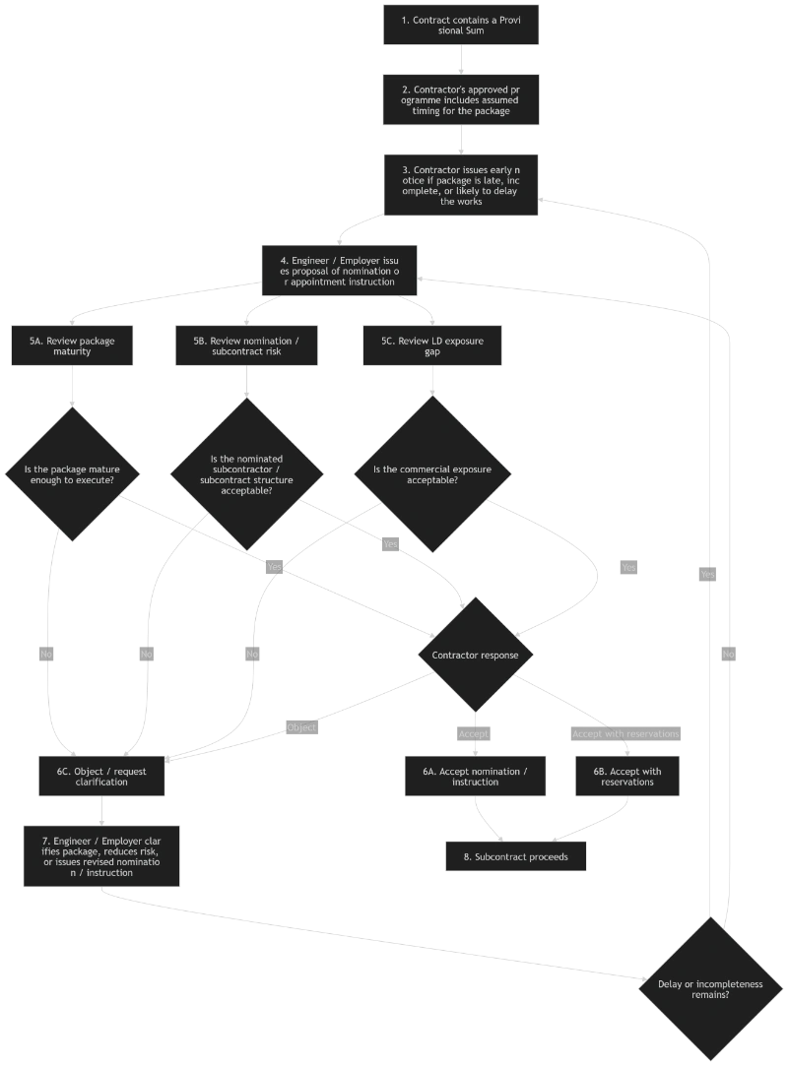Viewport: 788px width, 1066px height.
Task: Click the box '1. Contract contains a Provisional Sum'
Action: point(461,25)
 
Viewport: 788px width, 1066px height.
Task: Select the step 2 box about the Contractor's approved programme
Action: point(461,99)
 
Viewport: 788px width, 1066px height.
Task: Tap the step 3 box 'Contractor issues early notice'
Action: point(461,185)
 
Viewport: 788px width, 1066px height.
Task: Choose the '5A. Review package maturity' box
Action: point(71,345)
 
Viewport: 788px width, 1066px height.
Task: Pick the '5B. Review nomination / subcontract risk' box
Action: point(246,345)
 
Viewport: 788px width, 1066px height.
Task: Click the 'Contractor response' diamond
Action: point(476,655)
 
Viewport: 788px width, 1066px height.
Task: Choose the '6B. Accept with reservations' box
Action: point(627,777)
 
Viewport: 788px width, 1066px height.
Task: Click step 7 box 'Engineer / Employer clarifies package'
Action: point(100,851)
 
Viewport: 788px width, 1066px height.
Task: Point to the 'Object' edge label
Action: point(301,727)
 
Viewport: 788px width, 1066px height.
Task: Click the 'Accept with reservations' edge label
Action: point(625,733)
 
